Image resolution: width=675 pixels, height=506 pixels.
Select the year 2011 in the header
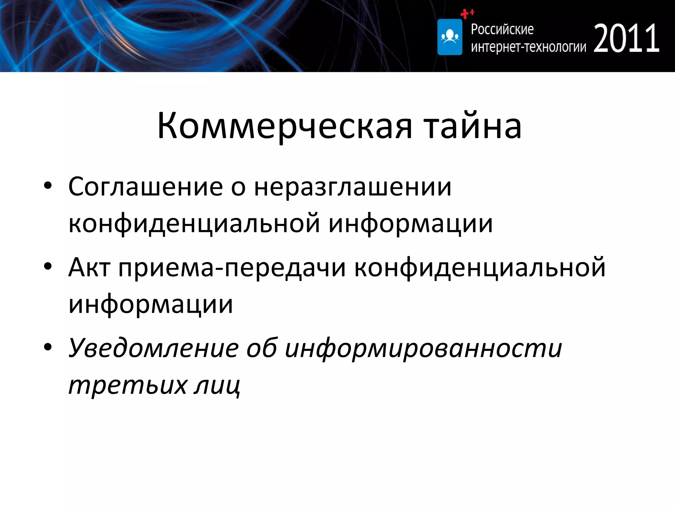click(626, 39)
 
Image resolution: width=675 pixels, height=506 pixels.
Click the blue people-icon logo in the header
click(450, 37)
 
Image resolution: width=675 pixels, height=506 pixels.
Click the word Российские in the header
click(502, 30)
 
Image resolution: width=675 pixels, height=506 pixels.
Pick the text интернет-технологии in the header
click(528, 47)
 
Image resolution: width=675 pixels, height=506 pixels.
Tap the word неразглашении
click(352, 187)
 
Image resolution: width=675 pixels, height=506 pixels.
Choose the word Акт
click(89, 267)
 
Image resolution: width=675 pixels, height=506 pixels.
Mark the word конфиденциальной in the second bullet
click(480, 267)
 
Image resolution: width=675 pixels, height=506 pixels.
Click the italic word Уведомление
click(153, 349)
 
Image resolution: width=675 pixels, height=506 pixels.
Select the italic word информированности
click(423, 349)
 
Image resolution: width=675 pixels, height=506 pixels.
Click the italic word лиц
click(218, 385)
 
